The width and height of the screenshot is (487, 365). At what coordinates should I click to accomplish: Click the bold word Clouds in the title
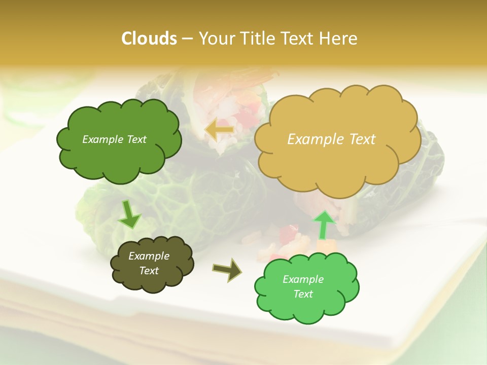pos(149,39)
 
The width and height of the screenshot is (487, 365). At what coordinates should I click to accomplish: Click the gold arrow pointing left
pos(219,130)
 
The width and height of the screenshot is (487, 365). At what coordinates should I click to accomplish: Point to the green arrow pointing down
pos(129,214)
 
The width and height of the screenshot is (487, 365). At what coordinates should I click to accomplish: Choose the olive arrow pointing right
pos(227,270)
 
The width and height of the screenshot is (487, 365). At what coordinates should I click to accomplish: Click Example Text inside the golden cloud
pos(331,139)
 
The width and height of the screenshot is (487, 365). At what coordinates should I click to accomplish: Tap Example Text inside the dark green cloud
pos(114,139)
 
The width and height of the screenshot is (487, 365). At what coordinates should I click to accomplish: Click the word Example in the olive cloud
pos(149,256)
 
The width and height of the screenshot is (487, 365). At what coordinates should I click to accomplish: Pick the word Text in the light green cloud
pos(303,294)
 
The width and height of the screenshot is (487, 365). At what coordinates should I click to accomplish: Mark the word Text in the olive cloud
pos(149,271)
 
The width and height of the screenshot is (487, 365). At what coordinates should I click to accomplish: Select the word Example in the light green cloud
pos(303,279)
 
